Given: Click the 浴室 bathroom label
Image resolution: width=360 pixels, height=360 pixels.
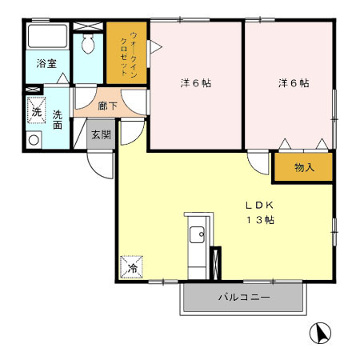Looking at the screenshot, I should (x=46, y=64).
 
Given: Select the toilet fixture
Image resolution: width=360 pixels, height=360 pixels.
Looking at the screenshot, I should (x=88, y=43).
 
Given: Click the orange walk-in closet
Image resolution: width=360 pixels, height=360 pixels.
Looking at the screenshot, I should (x=126, y=52).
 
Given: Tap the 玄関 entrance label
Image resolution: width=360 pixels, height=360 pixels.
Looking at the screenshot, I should (x=100, y=134).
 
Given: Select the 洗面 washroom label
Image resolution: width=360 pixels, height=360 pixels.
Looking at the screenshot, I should (x=58, y=120).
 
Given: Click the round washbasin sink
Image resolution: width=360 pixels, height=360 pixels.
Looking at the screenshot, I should (x=33, y=141).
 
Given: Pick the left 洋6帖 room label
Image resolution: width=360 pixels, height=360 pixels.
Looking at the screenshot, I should (x=195, y=82).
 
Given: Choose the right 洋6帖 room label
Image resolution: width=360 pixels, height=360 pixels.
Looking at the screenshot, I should (x=294, y=82).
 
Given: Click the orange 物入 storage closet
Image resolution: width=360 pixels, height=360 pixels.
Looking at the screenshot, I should (x=303, y=167).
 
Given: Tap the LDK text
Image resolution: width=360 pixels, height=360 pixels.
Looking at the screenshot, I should (x=260, y=204).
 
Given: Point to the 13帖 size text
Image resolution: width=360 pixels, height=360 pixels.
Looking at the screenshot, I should (x=260, y=219).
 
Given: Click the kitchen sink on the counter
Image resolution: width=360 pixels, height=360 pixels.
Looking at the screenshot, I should (x=196, y=234).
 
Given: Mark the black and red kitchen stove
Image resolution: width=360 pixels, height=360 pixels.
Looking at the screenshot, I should (x=214, y=262).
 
